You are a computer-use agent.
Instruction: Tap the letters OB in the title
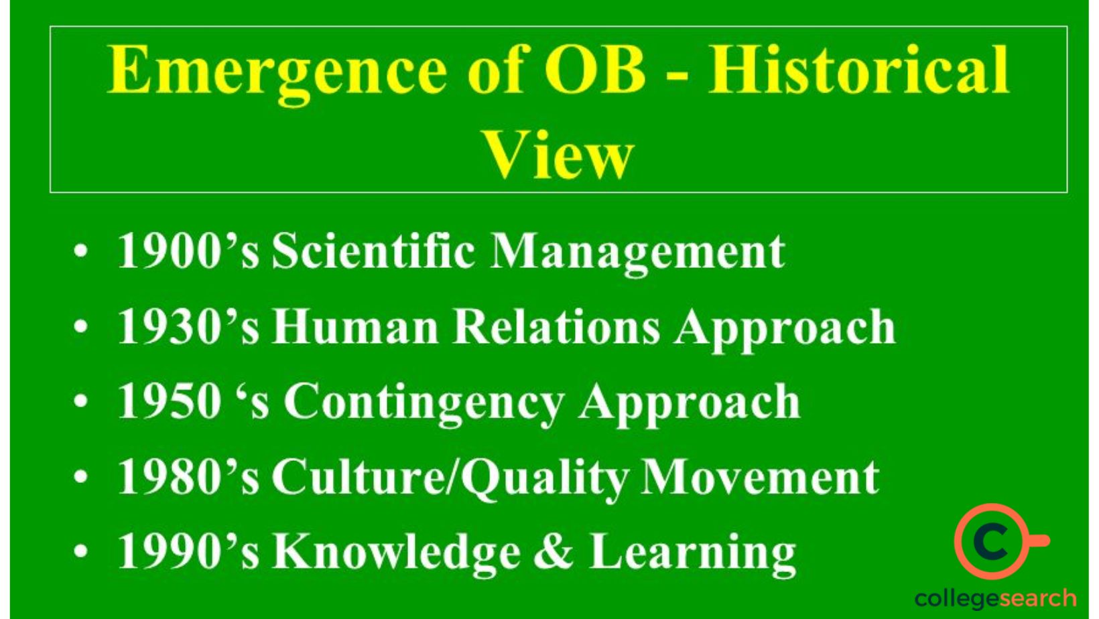pyautogui.click(x=595, y=70)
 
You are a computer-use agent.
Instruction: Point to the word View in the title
pyautogui.click(x=558, y=155)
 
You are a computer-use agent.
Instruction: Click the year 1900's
pyautogui.click(x=188, y=251)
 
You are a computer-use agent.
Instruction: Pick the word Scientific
pyautogui.click(x=373, y=251)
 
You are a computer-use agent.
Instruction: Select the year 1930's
pyautogui.click(x=188, y=327)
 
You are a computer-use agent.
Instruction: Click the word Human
pyautogui.click(x=354, y=327)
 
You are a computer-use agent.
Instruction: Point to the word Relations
pyautogui.click(x=556, y=327)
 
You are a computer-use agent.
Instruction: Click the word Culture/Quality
pyautogui.click(x=450, y=478)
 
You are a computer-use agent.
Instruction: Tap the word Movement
pyautogui.click(x=760, y=477)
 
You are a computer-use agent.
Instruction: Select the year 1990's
pyautogui.click(x=188, y=551)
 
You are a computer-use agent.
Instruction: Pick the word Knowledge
pyautogui.click(x=396, y=551)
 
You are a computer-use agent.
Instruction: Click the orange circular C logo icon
pyautogui.click(x=993, y=541)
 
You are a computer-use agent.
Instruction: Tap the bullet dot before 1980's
pyautogui.click(x=81, y=478)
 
